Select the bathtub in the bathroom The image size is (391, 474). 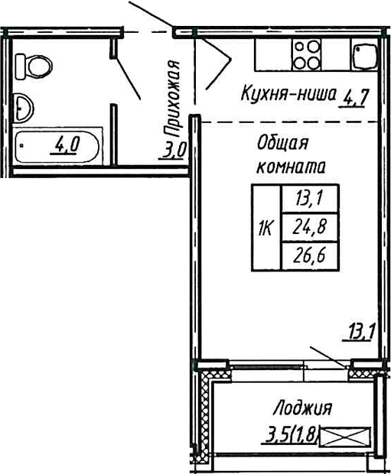58,146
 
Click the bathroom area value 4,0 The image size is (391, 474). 65,144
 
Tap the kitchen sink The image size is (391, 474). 363,55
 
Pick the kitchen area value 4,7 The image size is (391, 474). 357,97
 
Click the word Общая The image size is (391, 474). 282,143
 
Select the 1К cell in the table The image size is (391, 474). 266,227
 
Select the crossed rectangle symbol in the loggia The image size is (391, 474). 344,437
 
